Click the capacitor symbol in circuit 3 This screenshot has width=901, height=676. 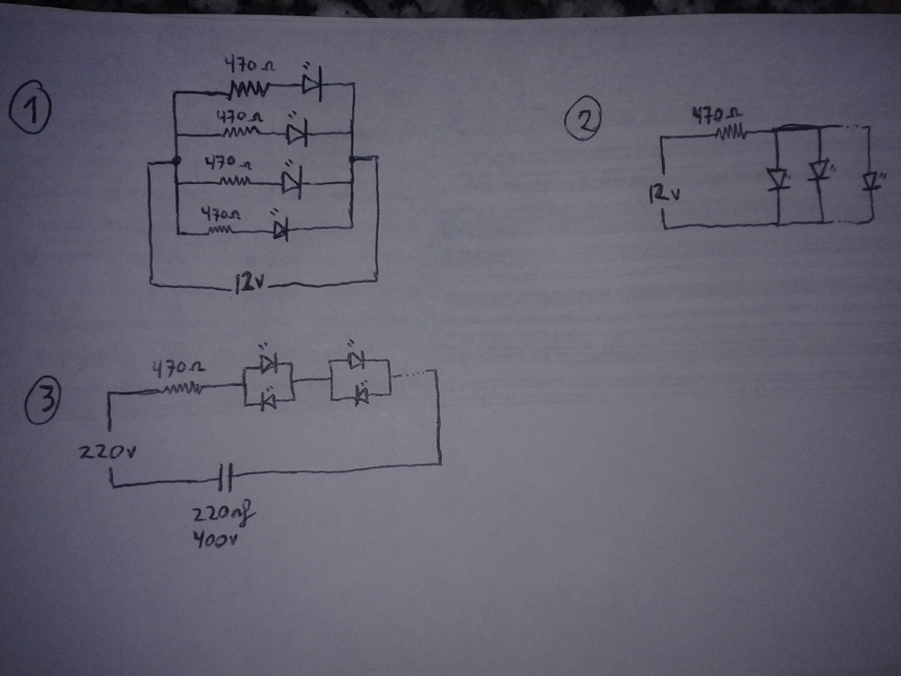[225, 477]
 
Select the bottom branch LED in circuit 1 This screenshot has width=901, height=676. [280, 228]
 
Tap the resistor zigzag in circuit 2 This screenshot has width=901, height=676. [730, 134]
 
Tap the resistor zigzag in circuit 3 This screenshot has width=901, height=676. [184, 388]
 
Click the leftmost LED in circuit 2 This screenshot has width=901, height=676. [780, 179]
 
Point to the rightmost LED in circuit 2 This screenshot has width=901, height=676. [869, 182]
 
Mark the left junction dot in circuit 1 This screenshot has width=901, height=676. [177, 163]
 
